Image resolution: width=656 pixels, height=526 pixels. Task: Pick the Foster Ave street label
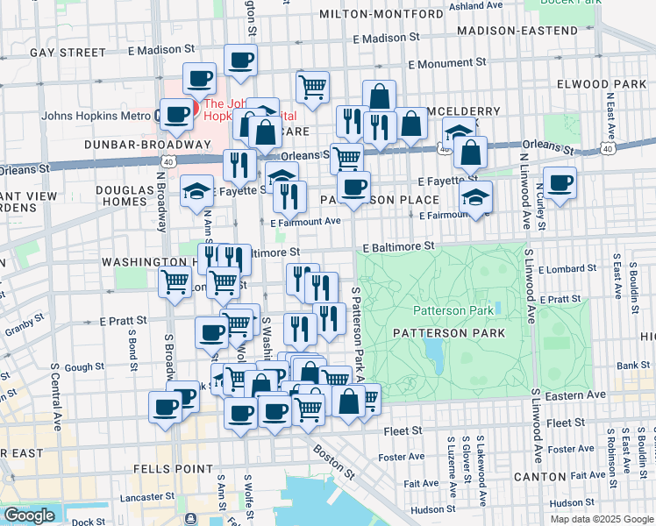401,457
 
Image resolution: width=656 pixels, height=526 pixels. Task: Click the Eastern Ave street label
579,395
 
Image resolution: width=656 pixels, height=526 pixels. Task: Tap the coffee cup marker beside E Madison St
240,61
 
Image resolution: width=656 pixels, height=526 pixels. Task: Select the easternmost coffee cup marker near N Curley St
559,184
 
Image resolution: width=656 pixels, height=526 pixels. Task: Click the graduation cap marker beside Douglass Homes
197,190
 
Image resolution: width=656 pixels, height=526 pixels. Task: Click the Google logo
29,515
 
